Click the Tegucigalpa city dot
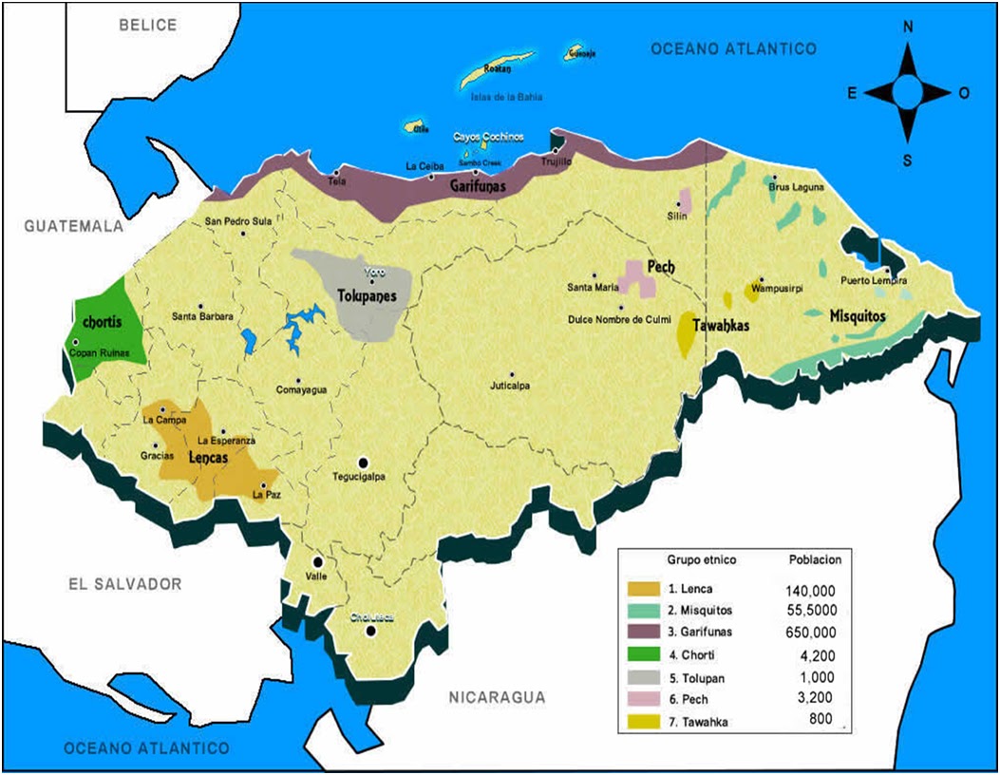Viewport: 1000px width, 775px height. coord(362,460)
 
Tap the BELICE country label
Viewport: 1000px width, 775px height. coord(148,26)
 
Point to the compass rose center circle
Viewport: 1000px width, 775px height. coord(907,92)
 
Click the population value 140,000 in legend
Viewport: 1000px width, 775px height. coord(810,590)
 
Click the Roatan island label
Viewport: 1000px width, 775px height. coord(498,70)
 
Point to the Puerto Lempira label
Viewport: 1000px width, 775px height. coord(874,282)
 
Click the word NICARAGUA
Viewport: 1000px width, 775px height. coord(497,698)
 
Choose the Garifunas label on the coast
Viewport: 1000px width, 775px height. coord(477,187)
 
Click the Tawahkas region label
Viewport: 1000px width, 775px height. coord(722,326)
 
